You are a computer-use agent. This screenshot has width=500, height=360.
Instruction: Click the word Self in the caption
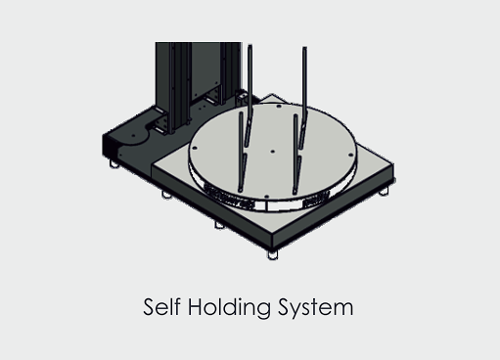(x=161, y=306)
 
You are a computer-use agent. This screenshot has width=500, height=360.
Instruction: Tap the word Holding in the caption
(x=229, y=307)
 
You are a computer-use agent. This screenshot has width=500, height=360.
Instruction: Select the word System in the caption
(x=316, y=308)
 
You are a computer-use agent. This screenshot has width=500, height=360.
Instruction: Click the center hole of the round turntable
(x=273, y=152)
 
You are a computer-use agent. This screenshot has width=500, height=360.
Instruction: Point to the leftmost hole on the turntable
(x=195, y=148)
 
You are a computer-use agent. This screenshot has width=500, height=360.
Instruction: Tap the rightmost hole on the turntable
(x=351, y=155)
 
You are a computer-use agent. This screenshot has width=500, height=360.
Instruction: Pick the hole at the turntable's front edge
(x=266, y=197)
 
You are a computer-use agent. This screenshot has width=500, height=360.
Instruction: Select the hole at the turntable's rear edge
(x=279, y=106)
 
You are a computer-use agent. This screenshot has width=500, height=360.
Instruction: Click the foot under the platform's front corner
(x=273, y=254)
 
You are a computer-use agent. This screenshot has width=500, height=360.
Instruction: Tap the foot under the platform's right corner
(x=384, y=191)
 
